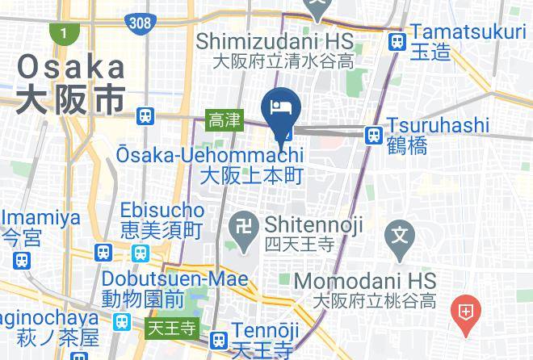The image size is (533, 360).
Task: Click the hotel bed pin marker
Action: (x=282, y=107)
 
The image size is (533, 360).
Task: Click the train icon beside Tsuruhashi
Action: (x=373, y=135)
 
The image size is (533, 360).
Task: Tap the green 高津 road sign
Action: (x=224, y=120)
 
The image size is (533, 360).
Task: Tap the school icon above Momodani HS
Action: (x=401, y=237)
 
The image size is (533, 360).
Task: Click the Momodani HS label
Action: (x=365, y=291)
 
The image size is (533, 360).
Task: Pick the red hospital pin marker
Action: (x=466, y=312)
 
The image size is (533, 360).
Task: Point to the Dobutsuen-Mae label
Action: (x=174, y=287)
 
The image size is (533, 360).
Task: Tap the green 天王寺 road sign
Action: (x=172, y=329)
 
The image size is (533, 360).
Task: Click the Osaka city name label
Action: (x=71, y=82)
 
